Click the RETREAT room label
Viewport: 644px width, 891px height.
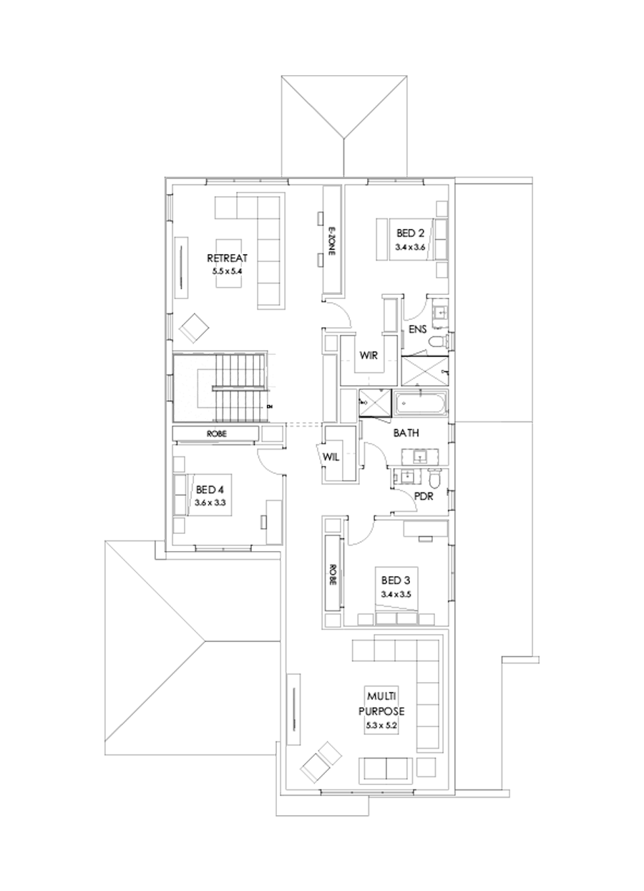(227, 258)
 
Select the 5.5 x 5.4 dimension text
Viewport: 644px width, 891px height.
(227, 272)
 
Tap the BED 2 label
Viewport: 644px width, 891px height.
(411, 233)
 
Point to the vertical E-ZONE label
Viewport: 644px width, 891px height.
(331, 243)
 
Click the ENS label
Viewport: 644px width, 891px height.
(419, 329)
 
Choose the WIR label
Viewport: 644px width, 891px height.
(369, 355)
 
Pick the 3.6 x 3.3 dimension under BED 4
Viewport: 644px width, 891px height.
(210, 503)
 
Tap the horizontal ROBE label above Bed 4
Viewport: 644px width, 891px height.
(215, 434)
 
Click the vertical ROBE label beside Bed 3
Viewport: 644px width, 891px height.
(333, 573)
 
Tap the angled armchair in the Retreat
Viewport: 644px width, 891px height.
(194, 327)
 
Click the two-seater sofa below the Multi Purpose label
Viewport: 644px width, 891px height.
(386, 769)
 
